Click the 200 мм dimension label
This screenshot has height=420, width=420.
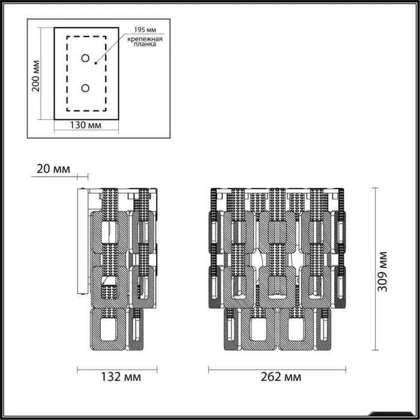click(x=35, y=76)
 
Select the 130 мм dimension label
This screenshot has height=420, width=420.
click(x=86, y=125)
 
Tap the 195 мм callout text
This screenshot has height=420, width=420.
click(x=145, y=30)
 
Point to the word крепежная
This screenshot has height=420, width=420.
click(x=145, y=39)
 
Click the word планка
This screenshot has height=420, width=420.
click(x=145, y=44)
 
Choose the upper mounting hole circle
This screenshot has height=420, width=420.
click(x=85, y=58)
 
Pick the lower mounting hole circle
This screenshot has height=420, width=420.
click(x=85, y=88)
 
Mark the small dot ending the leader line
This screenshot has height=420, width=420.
click(x=95, y=63)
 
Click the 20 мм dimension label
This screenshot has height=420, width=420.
click(x=53, y=169)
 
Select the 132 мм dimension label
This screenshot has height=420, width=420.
click(x=121, y=377)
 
